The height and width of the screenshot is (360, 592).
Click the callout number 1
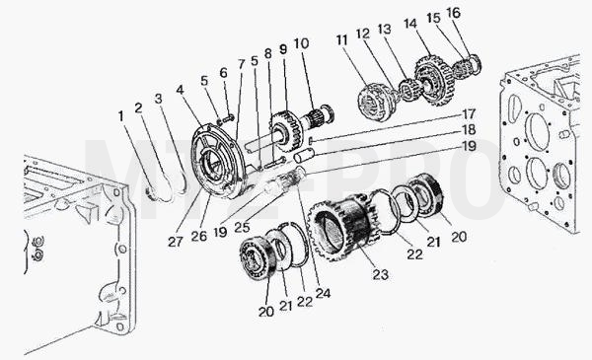(x=120, y=116)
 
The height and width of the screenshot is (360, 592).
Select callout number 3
(x=158, y=99)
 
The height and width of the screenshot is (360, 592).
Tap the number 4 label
(x=181, y=90)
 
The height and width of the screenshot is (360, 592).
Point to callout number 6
(x=224, y=72)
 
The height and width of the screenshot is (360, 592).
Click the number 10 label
(x=301, y=43)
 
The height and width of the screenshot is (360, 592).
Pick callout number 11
(x=341, y=40)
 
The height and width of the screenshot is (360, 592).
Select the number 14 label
(x=410, y=24)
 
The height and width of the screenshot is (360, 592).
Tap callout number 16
(x=453, y=13)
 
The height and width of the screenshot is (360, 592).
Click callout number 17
(x=469, y=114)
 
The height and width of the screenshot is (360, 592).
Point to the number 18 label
(x=469, y=130)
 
